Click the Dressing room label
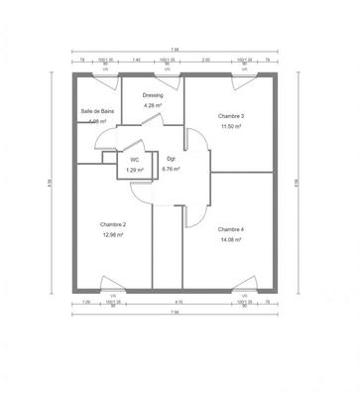(x=152, y=96)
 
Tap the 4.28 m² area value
(x=152, y=105)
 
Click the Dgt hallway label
(x=172, y=158)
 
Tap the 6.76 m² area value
(x=172, y=170)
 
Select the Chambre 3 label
(x=231, y=116)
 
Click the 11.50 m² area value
(x=231, y=127)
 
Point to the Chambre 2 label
(x=112, y=225)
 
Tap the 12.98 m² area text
(x=112, y=235)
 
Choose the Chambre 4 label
(x=231, y=228)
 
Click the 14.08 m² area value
(x=231, y=238)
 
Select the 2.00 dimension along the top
(x=205, y=61)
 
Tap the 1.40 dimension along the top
(x=136, y=61)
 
